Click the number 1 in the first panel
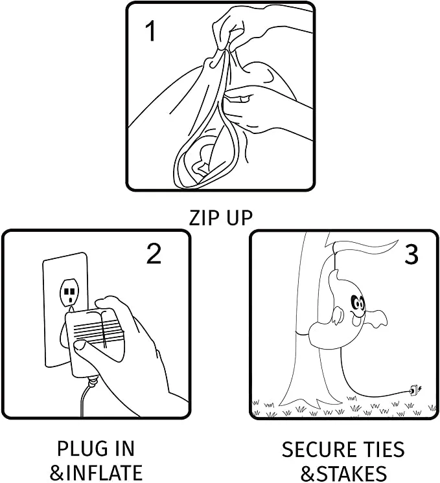[x=150, y=31]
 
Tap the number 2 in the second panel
[x=154, y=254]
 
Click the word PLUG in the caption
[x=76, y=449]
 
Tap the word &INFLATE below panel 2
[x=96, y=471]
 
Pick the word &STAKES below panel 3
[x=343, y=471]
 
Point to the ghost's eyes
[x=357, y=303]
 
